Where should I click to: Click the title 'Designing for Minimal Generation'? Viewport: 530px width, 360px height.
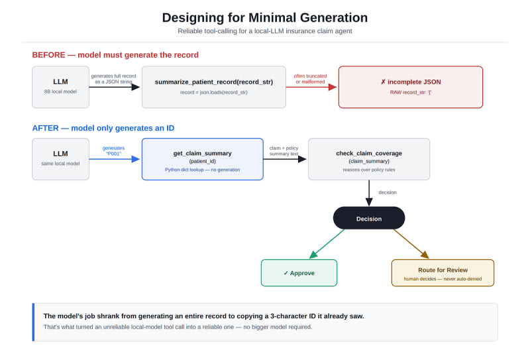[264, 18]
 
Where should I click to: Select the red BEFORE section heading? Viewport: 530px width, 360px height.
[115, 55]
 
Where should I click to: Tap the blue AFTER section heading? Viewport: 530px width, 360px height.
[103, 128]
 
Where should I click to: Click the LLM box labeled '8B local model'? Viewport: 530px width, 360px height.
[60, 87]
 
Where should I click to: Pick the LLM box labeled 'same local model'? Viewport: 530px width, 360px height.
[60, 159]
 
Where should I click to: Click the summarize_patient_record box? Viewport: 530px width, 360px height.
[213, 87]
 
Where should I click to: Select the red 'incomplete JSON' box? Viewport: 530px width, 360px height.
[411, 87]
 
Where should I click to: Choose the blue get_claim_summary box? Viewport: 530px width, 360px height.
[203, 159]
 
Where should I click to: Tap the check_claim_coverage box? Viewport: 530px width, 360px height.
[369, 159]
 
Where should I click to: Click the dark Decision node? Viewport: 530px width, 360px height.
[369, 218]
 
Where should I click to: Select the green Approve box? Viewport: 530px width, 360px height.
[299, 272]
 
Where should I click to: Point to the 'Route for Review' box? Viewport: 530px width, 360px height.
[443, 272]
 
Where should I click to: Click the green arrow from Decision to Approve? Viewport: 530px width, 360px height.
[327, 243]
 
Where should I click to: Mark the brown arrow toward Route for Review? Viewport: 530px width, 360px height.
[411, 243]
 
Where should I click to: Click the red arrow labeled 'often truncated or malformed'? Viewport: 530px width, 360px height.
[311, 87]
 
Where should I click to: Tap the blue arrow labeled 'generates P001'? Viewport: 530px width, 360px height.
[114, 159]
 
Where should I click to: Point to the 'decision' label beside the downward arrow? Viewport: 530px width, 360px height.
[388, 192]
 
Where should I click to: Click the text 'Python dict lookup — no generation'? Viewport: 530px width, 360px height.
[203, 170]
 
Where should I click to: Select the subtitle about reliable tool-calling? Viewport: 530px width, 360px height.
[264, 31]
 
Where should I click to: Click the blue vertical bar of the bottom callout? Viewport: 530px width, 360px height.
[33, 322]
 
